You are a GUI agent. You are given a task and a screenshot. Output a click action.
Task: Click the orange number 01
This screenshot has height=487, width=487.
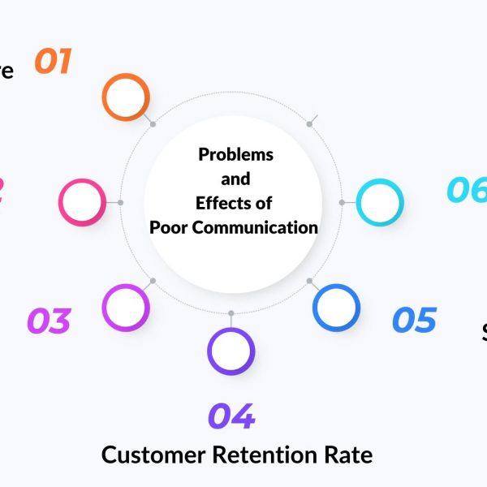[x=54, y=62]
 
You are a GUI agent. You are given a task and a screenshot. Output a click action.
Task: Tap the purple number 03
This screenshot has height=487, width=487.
[x=49, y=321]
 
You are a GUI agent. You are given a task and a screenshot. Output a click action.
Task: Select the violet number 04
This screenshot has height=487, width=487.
[x=231, y=416]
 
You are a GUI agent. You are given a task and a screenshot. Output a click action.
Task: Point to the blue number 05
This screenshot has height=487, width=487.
[x=414, y=320]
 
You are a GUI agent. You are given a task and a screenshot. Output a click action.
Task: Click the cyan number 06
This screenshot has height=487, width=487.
[x=468, y=191]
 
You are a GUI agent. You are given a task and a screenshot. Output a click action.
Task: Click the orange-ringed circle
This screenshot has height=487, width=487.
[x=126, y=97]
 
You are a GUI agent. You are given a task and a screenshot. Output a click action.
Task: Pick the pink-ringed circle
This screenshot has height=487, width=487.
[x=82, y=202]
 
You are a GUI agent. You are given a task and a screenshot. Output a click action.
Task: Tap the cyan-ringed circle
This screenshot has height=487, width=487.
[x=380, y=202]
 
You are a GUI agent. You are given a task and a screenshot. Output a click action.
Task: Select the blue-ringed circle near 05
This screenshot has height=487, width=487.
[x=337, y=307]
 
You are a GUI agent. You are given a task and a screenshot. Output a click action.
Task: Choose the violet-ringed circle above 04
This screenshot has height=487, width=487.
[x=231, y=351]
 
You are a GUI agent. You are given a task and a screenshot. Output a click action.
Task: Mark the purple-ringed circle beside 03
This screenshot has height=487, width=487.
[x=126, y=307]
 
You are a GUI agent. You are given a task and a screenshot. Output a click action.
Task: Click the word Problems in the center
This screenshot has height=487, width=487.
[x=236, y=154]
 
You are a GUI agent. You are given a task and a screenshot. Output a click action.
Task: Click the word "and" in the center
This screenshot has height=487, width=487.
[x=235, y=179]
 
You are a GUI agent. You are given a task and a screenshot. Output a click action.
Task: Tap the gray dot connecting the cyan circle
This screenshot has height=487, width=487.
[x=342, y=202]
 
